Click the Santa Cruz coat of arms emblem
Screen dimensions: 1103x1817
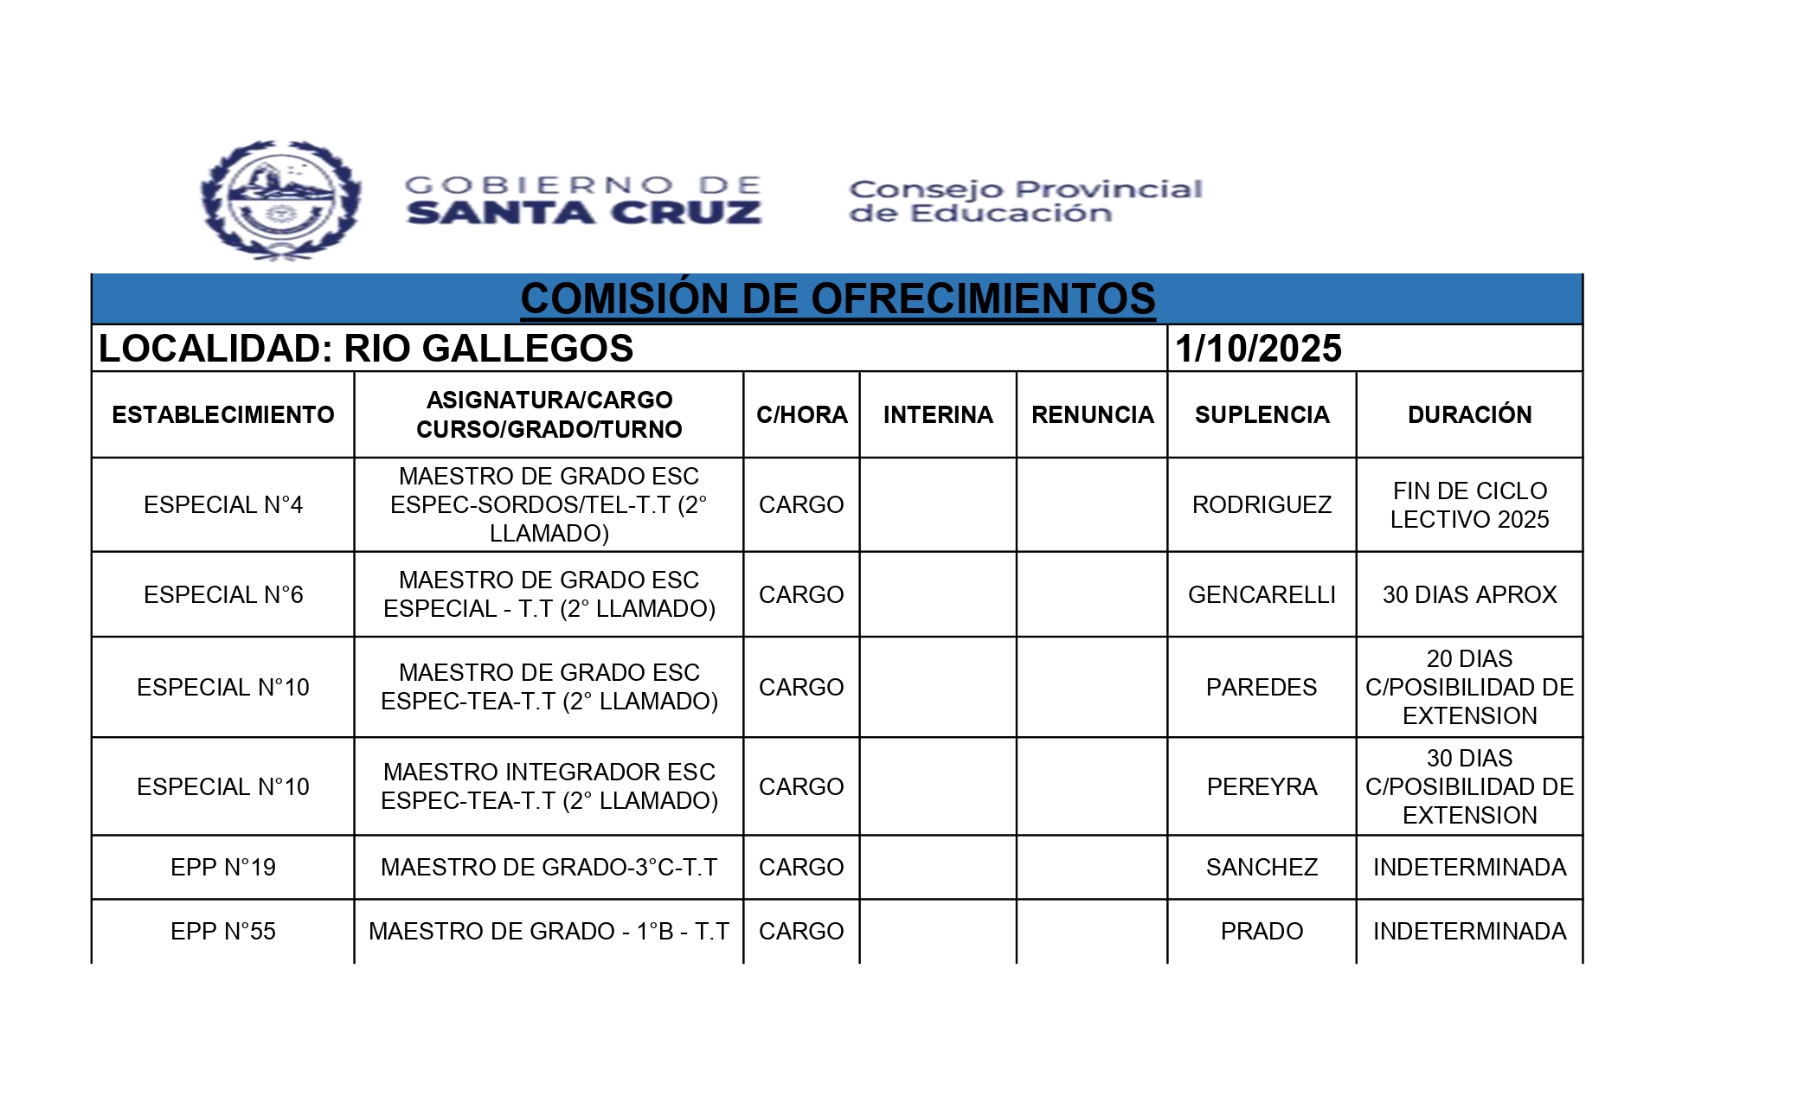coord(280,201)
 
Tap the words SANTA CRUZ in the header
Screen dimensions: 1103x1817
coord(584,213)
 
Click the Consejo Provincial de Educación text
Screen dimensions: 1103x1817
coord(1025,201)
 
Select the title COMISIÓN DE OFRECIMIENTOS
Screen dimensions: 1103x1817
coord(838,299)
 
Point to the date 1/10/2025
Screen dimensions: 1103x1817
coord(1258,349)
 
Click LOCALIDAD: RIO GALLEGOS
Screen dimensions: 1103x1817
coord(366,349)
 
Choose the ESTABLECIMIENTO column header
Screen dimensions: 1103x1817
coord(223,415)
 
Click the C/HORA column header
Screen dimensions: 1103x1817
coord(802,415)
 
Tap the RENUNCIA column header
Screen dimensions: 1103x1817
coord(1092,415)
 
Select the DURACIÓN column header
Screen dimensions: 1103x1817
coord(1469,415)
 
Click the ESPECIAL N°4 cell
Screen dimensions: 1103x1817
coord(223,505)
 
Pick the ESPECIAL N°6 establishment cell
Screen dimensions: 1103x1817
coord(223,595)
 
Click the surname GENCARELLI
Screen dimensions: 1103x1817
coord(1262,595)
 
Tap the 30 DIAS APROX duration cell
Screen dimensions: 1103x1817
coord(1469,595)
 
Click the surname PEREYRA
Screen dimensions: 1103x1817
coord(1262,787)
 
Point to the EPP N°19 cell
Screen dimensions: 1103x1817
coord(223,868)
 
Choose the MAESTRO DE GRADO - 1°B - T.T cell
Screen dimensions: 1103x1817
coord(549,932)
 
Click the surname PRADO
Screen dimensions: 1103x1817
coord(1262,932)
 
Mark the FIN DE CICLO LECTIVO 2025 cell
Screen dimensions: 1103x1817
coord(1469,505)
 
